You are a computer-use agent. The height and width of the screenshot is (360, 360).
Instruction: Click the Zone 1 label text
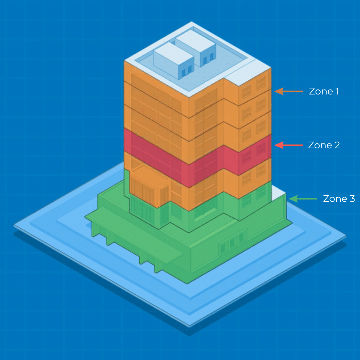pyautogui.click(x=324, y=91)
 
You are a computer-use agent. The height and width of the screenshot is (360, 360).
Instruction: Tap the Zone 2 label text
pyautogui.click(x=324, y=145)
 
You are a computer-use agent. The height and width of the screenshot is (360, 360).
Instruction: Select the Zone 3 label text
pyautogui.click(x=339, y=199)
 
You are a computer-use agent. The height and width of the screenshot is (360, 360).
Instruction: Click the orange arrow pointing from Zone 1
pyautogui.click(x=289, y=91)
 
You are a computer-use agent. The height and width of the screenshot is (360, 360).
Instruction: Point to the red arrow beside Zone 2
pyautogui.click(x=289, y=145)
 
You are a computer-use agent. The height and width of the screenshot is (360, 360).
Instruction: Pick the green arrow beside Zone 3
pyautogui.click(x=303, y=199)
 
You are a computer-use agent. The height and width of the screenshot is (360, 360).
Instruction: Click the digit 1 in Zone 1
pyautogui.click(x=337, y=91)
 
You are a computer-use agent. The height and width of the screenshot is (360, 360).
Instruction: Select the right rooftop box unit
pyautogui.click(x=196, y=48)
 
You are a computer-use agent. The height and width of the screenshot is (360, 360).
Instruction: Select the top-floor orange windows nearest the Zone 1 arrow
pyautogui.click(x=261, y=83)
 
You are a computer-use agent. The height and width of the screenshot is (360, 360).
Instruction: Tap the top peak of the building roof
pyautogui.click(x=191, y=22)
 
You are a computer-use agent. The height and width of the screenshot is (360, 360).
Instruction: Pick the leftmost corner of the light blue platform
pyautogui.click(x=14, y=226)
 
